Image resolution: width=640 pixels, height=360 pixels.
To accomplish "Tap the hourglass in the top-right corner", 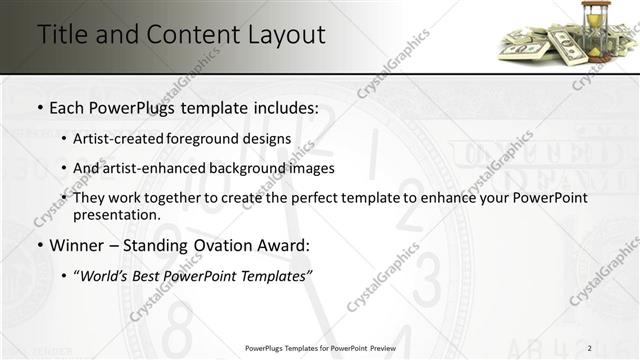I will tap(597, 30).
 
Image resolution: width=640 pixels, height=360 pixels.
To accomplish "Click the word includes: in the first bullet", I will tap(282, 106).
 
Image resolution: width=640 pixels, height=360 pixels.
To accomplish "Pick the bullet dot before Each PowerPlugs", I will tap(39, 106).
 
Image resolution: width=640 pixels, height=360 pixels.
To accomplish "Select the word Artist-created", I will tap(113, 138).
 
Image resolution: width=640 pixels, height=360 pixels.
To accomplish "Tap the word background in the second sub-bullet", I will tap(228, 168).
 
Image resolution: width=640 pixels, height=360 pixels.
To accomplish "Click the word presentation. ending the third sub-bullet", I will tap(116, 215).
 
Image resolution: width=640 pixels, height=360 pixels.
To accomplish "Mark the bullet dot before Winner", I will tap(39, 245).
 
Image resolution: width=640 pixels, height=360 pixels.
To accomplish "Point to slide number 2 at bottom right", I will tap(590, 348).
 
